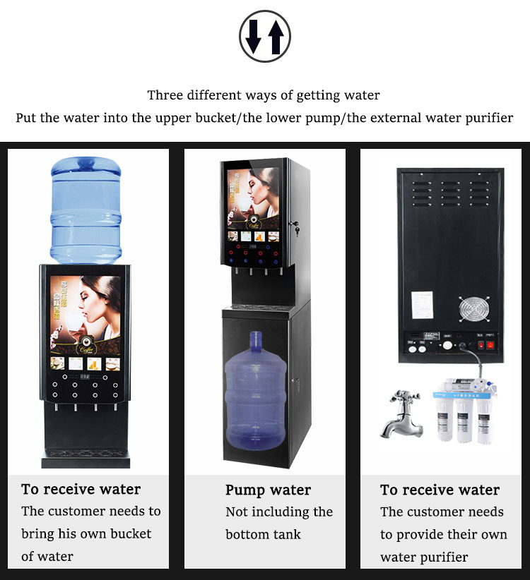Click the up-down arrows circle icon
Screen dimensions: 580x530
click(265, 36)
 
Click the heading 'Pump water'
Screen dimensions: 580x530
click(268, 490)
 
